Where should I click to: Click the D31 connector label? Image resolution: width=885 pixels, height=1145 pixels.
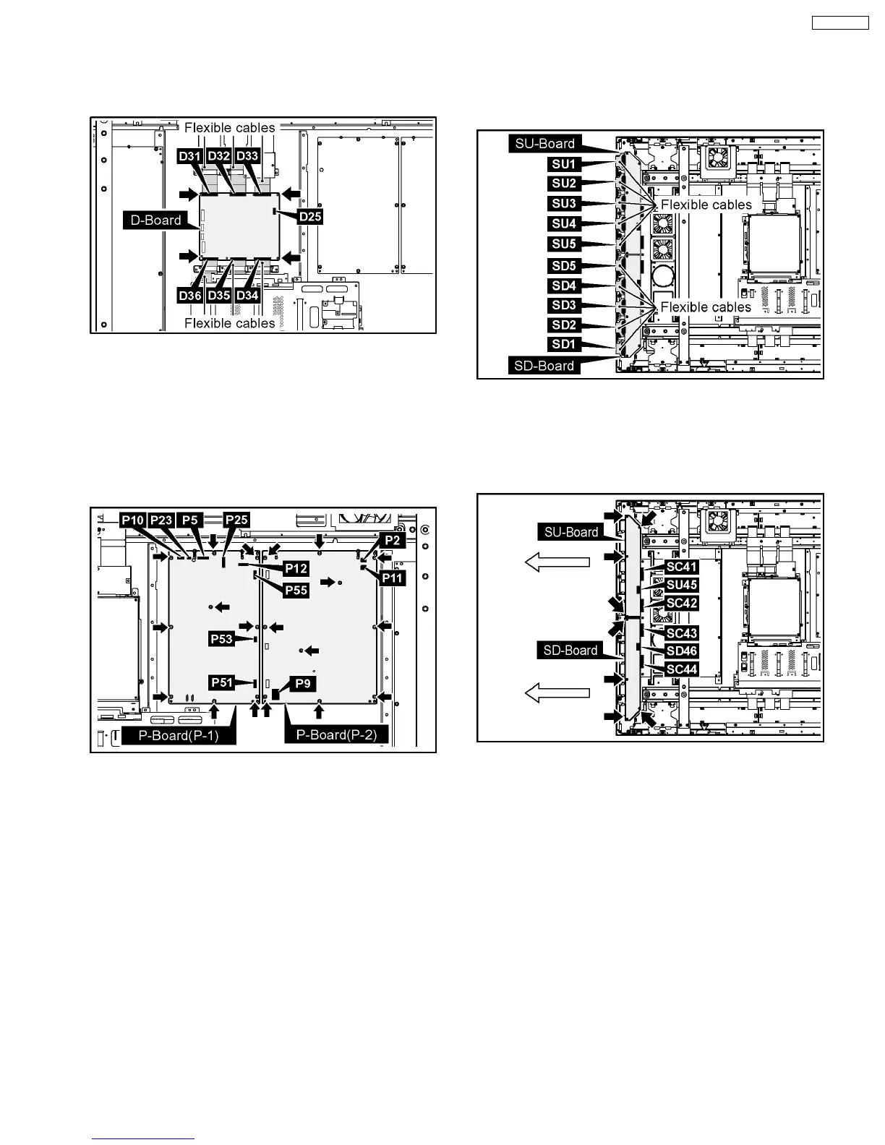point(190,156)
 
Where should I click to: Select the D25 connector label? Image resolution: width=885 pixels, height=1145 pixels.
point(309,216)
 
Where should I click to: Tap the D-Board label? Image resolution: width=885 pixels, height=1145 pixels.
point(156,220)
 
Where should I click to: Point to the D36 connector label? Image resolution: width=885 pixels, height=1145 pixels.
point(190,296)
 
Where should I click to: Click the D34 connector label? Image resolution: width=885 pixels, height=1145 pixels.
point(247,296)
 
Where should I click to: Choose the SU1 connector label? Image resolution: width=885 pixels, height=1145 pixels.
point(564,164)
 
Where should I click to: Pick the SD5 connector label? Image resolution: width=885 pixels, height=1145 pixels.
point(564,266)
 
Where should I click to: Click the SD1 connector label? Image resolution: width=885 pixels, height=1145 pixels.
point(564,345)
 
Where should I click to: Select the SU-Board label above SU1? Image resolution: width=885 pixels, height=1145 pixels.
point(545,143)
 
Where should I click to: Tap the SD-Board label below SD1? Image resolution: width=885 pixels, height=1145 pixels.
point(544,366)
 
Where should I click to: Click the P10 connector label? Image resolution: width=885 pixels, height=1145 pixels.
point(133,520)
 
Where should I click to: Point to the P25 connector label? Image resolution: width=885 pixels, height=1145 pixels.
point(236,520)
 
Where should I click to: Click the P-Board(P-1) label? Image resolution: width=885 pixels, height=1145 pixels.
point(179,735)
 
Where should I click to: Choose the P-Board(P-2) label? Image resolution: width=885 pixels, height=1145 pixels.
point(337,735)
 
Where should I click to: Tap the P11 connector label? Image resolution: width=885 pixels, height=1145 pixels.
point(393,578)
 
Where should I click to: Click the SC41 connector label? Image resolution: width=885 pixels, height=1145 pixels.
point(681,567)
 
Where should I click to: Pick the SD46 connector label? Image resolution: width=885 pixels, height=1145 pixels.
point(681,651)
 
